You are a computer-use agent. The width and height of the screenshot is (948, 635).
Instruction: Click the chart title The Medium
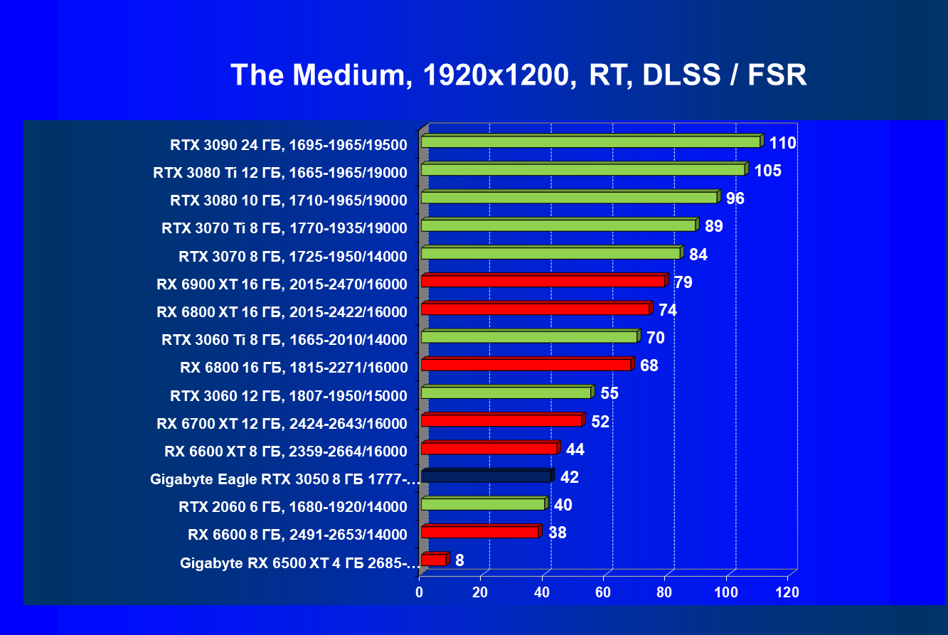coord(518,75)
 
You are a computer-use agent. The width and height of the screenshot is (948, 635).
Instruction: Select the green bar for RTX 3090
coord(590,142)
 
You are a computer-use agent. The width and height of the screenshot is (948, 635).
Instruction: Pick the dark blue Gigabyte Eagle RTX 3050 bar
coord(486,476)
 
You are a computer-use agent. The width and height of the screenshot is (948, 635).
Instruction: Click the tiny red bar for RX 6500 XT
coord(433,560)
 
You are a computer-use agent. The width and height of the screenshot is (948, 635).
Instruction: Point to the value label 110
coord(782,143)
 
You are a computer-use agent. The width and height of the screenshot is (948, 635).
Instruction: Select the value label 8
coord(459,560)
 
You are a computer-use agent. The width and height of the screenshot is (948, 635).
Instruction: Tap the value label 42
coord(569,477)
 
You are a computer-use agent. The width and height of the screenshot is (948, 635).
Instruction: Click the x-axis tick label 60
coord(603,592)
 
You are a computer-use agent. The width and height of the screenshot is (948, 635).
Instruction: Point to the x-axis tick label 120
coord(787,592)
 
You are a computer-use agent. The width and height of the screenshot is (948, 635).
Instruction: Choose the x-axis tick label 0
coord(420,592)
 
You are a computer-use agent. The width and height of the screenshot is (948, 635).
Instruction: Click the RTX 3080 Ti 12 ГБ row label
coord(280,173)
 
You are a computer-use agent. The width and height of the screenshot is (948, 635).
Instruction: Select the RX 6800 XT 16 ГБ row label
coord(282,312)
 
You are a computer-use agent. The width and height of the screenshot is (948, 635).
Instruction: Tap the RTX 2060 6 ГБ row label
coord(293,507)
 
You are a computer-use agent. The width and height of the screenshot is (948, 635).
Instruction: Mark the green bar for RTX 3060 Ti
coord(529,337)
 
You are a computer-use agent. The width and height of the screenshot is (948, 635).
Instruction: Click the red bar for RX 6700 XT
coord(501,420)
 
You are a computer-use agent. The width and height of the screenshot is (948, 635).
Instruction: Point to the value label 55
coord(609,393)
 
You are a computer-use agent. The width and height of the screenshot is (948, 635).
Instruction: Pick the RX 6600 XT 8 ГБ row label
coord(286,452)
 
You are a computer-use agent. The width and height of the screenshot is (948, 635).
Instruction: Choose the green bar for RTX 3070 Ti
coord(558,225)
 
